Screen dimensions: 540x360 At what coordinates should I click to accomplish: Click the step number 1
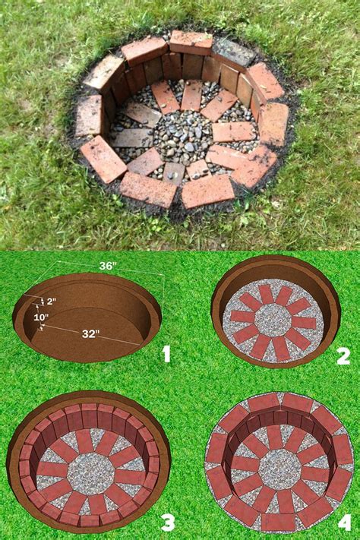coord(166,353)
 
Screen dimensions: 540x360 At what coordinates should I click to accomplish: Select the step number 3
coord(167,522)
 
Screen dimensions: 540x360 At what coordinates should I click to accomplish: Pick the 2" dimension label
coord(50,302)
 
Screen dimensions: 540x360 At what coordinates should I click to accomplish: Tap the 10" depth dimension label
coord(40,317)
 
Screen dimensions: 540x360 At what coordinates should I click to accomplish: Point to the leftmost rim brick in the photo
coord(88,116)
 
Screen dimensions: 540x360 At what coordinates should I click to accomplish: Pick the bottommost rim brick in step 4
coord(279,523)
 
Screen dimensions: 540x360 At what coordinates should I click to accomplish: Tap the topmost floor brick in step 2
coord(266,293)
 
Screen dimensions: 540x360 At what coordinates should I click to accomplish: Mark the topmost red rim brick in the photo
coord(191,43)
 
